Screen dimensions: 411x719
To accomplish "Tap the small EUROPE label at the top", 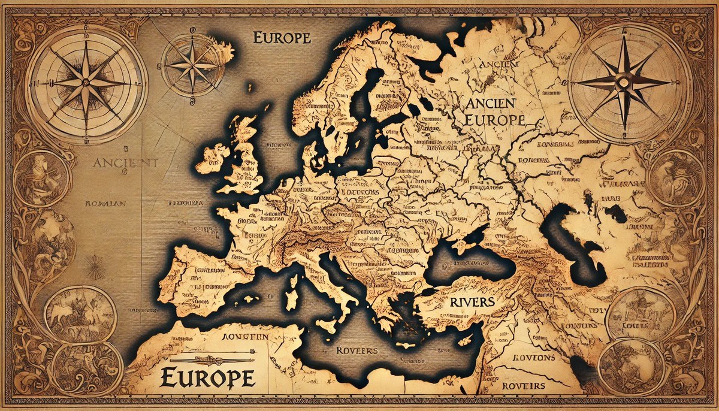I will (282, 38).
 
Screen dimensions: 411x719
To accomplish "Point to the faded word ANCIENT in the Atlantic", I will (125, 163).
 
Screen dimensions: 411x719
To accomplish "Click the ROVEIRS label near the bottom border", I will (524, 386).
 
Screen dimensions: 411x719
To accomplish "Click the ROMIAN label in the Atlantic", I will (105, 203).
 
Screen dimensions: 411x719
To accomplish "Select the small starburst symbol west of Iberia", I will (95, 267).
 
